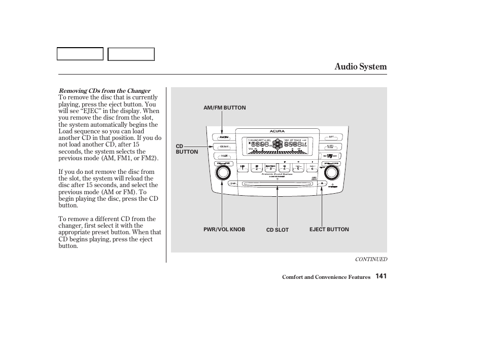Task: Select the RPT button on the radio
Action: pos(331,137)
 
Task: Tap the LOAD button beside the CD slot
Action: pos(233,183)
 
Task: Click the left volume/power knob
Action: pos(222,173)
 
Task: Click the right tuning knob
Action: pos(331,173)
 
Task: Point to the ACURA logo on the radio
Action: pos(277,131)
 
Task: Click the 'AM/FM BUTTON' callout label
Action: pos(224,108)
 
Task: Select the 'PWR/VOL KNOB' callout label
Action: pos(224,230)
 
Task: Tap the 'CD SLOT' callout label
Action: pos(278,230)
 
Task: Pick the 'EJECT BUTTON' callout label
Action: pos(329,230)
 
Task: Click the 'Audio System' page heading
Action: pos(360,66)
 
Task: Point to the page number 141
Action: pos(382,276)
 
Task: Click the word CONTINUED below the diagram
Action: pos(371,259)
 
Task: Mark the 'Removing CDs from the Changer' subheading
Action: pos(105,91)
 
